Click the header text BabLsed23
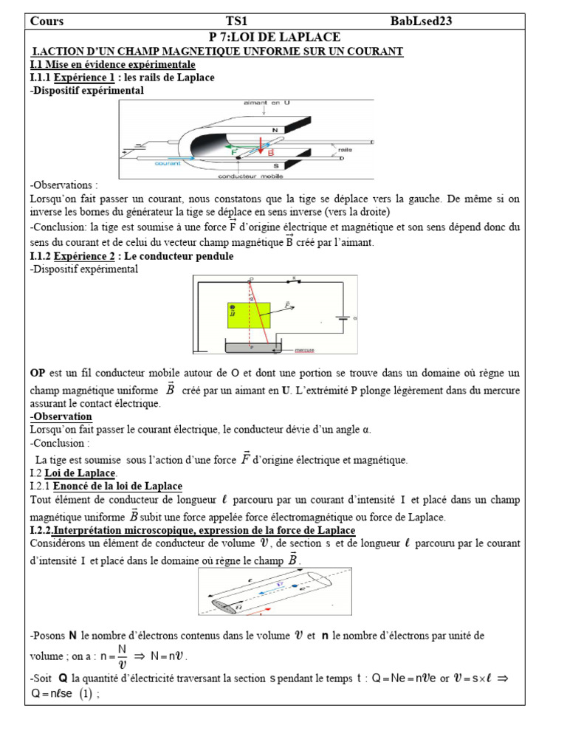(421, 21)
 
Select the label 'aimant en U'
(267, 103)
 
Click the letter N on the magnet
(275, 130)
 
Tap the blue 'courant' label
(168, 164)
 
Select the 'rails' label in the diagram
(345, 149)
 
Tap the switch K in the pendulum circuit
(295, 281)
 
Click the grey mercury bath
(251, 347)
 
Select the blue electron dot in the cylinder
(294, 587)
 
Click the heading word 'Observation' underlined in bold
(61, 416)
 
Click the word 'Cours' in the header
(47, 21)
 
